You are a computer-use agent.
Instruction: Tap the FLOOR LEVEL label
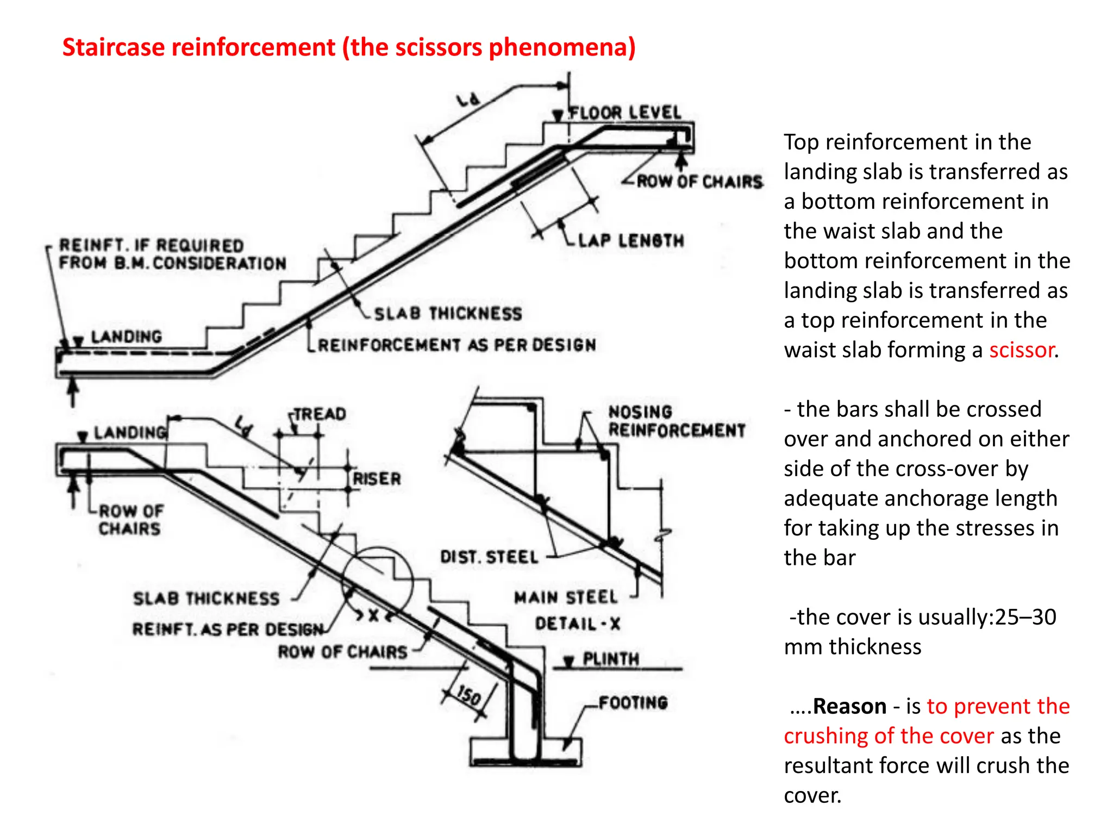pyautogui.click(x=624, y=113)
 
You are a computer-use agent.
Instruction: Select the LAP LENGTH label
pyautogui.click(x=631, y=240)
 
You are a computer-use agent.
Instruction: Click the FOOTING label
pyautogui.click(x=633, y=702)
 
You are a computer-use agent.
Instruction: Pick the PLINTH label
pyautogui.click(x=611, y=659)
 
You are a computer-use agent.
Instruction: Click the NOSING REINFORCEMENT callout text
pyautogui.click(x=676, y=421)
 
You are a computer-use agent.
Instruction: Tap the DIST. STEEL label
pyautogui.click(x=489, y=557)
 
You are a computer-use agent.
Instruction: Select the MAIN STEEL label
pyautogui.click(x=566, y=597)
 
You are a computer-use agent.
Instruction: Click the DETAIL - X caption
pyautogui.click(x=577, y=624)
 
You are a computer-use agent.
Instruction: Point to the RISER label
pyautogui.click(x=377, y=479)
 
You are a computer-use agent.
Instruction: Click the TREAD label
pyautogui.click(x=320, y=414)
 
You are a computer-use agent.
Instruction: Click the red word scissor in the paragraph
pyautogui.click(x=1021, y=350)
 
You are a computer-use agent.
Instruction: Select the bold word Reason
pyautogui.click(x=849, y=706)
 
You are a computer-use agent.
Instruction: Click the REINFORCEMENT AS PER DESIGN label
pyautogui.click(x=457, y=345)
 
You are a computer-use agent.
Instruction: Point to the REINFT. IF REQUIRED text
pyautogui.click(x=151, y=245)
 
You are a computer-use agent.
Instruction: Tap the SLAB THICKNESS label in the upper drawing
pyautogui.click(x=448, y=314)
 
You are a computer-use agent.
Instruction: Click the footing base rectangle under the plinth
pyautogui.click(x=526, y=752)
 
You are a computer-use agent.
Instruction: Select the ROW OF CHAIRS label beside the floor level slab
pyautogui.click(x=699, y=182)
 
